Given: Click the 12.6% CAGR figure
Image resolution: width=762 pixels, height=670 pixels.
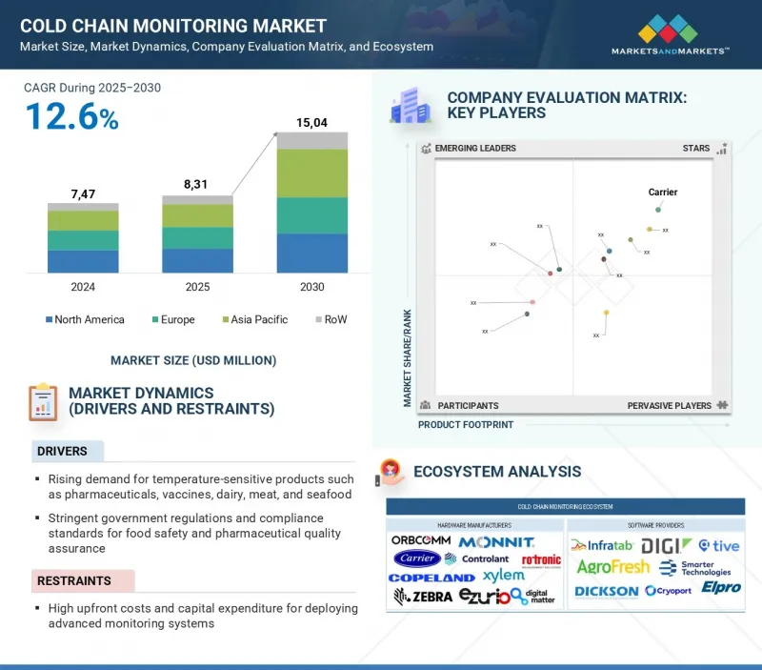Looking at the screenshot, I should [x=71, y=117].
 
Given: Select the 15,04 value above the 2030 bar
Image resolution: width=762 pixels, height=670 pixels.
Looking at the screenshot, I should [x=311, y=121].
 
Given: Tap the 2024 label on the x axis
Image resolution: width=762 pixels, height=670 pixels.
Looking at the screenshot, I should [x=83, y=287].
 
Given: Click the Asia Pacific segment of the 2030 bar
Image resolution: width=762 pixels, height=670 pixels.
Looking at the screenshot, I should [x=311, y=173].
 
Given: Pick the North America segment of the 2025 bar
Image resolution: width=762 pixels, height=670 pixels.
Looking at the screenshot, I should [x=197, y=261].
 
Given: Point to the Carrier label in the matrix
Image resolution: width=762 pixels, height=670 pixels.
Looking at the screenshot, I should [x=663, y=193].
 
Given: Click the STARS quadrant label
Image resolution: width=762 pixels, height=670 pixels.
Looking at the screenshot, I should [x=696, y=149].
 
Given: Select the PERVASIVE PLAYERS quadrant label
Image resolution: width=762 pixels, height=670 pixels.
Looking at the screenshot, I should [x=669, y=406].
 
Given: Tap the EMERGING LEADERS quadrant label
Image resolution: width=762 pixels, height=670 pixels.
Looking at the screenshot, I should [x=475, y=149].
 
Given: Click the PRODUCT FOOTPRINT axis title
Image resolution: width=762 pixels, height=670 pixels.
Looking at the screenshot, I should [x=466, y=425].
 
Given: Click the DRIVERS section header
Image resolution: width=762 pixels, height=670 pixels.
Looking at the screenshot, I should [x=62, y=451].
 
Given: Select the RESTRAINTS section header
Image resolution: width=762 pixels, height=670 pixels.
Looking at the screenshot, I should [x=73, y=580].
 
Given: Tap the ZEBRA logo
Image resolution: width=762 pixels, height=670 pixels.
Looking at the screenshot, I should [x=422, y=597].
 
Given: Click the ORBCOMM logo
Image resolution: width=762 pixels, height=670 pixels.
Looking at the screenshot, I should [x=420, y=540].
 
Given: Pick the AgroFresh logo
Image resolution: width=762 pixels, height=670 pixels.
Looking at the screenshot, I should [x=613, y=567].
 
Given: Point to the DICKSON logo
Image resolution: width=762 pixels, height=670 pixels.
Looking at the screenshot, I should [x=607, y=591].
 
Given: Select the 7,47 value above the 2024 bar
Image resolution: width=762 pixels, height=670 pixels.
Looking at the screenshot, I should [x=83, y=194].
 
